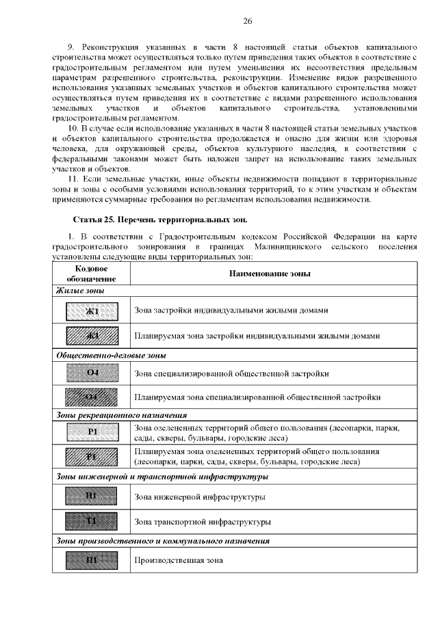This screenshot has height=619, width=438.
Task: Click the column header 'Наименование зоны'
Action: click(270, 274)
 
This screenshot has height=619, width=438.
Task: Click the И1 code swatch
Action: click(91, 497)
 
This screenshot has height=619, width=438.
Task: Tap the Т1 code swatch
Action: click(91, 522)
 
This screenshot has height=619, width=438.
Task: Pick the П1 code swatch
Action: click(91, 560)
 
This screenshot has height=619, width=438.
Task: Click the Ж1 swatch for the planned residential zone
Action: click(91, 336)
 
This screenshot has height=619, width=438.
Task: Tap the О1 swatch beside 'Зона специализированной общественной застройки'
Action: click(91, 373)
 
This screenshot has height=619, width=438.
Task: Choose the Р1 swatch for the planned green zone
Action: click(91, 457)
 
